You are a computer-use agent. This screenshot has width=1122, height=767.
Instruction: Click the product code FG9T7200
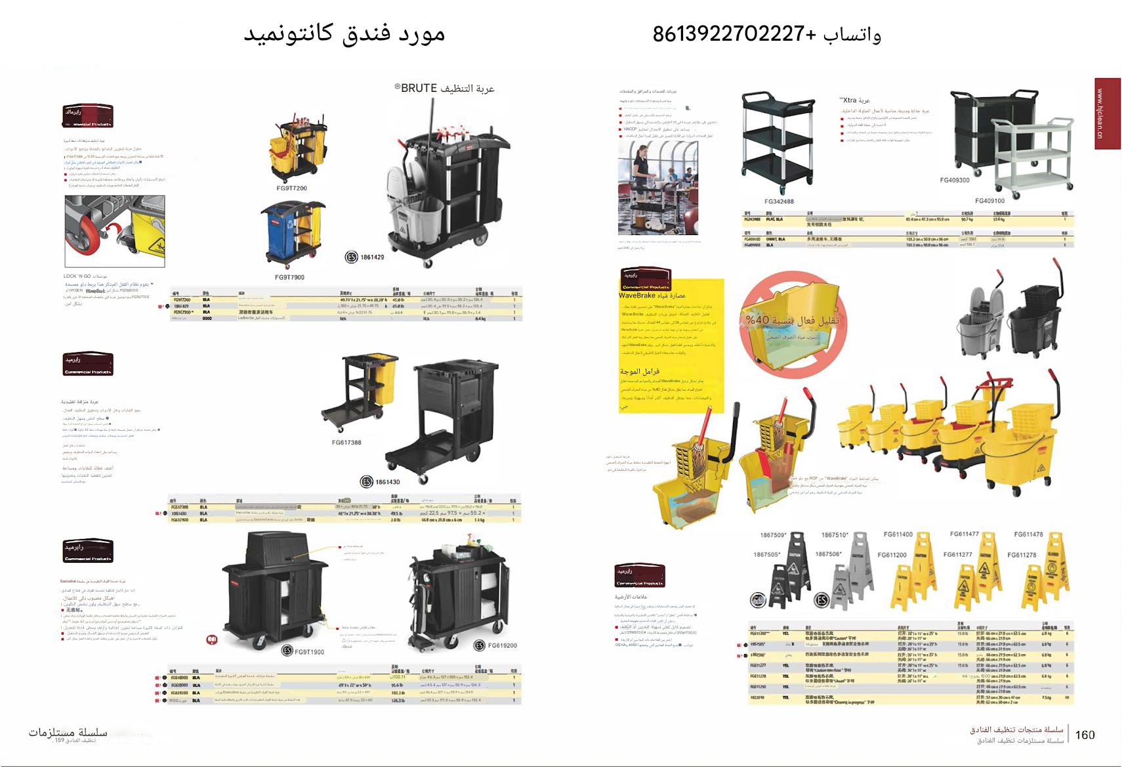click(x=291, y=188)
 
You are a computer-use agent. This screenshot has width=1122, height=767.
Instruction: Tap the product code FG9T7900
click(x=289, y=277)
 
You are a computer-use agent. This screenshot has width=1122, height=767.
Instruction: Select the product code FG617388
click(x=346, y=443)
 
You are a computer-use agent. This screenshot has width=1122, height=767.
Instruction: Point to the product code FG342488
click(x=779, y=202)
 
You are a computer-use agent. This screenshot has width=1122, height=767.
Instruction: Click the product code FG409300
click(x=954, y=180)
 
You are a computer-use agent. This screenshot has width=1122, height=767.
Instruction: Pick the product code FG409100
click(x=989, y=201)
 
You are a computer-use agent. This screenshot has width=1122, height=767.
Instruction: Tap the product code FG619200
click(x=502, y=646)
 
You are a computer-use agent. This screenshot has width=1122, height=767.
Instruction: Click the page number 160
click(x=1085, y=735)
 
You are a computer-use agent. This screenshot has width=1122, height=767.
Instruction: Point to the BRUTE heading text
click(x=444, y=89)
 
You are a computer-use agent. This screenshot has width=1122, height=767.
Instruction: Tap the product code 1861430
click(x=387, y=482)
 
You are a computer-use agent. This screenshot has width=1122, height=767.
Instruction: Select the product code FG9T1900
click(x=309, y=652)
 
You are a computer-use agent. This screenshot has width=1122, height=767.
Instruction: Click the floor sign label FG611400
click(x=898, y=535)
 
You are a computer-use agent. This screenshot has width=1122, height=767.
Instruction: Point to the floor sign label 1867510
click(x=835, y=535)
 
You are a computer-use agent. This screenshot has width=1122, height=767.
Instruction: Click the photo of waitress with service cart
click(x=657, y=188)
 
